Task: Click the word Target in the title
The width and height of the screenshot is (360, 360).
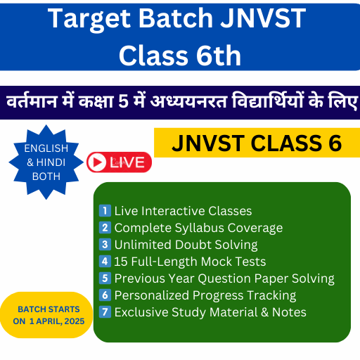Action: coord(89,19)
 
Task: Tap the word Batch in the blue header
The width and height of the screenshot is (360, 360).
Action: coord(176,18)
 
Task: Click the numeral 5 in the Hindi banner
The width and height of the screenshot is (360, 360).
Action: coord(123,101)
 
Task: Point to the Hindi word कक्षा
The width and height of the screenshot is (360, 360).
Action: coord(96,101)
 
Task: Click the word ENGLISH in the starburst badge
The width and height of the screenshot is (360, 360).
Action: coord(46,148)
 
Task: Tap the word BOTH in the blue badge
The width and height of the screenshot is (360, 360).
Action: coord(46,176)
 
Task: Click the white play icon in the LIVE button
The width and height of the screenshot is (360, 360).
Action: coord(96,162)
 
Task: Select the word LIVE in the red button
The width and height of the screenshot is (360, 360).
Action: coord(127,162)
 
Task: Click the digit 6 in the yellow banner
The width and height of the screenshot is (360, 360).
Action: coord(335,143)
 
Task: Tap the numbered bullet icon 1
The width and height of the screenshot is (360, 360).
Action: coord(105,211)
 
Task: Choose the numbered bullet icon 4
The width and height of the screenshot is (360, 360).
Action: coord(105,262)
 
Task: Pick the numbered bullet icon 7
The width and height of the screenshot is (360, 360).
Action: coord(105,312)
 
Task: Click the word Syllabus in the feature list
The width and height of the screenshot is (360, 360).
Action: coord(200,229)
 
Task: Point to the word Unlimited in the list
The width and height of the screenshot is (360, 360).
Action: coord(143,245)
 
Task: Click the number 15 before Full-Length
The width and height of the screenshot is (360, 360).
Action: coord(121,262)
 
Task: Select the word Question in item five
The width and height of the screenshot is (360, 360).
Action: coord(224,278)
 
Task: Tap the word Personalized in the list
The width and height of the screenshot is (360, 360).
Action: coord(152,295)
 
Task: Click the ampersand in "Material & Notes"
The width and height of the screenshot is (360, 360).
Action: coord(264,312)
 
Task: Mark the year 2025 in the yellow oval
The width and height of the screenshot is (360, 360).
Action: coord(75,321)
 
